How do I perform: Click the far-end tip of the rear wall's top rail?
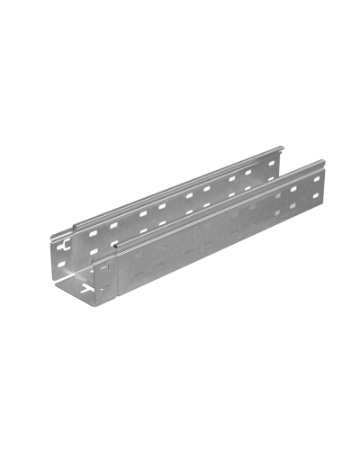click(284, 147)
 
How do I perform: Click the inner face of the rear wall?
click(180, 211)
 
